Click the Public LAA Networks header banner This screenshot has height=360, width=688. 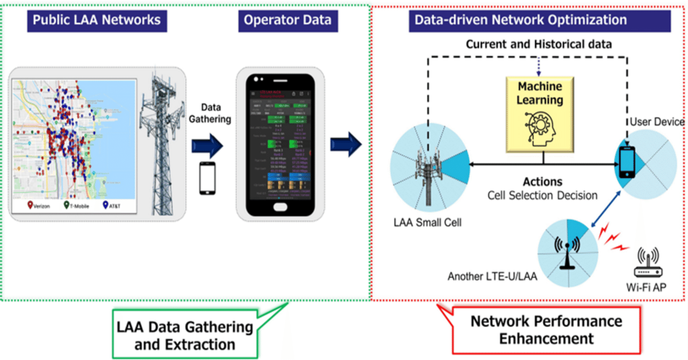97,20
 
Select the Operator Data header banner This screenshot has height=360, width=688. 288,20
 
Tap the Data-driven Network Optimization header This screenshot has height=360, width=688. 520,20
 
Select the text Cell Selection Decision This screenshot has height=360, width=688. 542,195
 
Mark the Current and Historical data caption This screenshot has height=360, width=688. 538,45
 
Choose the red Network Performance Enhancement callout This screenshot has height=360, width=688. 546,329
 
